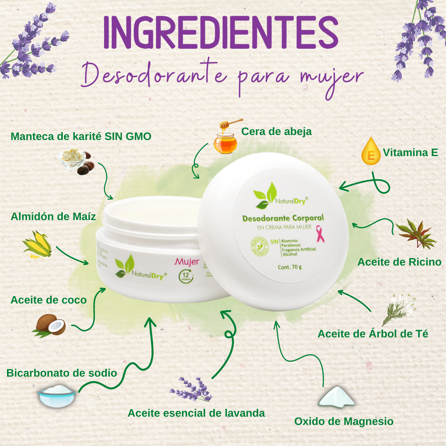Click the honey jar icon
click(x=226, y=140)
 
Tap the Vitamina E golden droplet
click(x=370, y=152)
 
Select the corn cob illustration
click(x=37, y=245)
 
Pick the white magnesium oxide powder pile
click(x=336, y=397)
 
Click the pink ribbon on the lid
click(x=320, y=234)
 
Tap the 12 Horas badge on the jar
click(x=186, y=276)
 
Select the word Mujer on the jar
click(x=187, y=261)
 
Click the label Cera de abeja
click(x=276, y=131)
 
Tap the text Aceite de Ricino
click(x=399, y=262)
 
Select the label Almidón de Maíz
click(x=53, y=216)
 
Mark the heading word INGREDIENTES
click(x=221, y=33)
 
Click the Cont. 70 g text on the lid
click(x=289, y=267)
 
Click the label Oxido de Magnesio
click(x=344, y=422)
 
